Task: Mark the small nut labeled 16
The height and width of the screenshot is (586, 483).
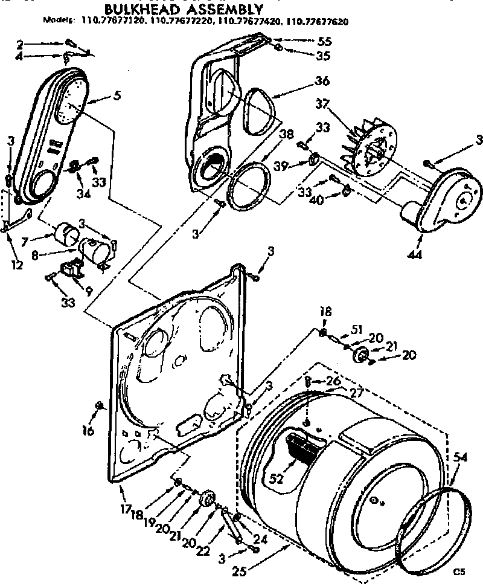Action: [x=99, y=404]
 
